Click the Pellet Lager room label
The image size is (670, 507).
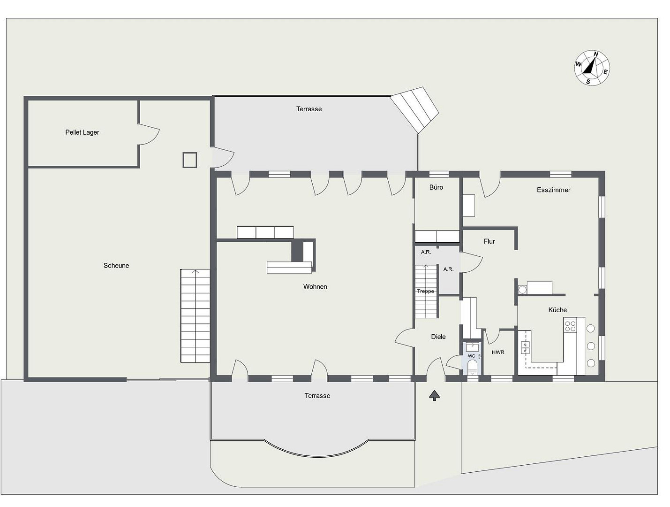82,132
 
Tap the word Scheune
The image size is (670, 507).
116,266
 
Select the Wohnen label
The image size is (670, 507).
315,287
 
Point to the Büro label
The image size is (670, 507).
436,187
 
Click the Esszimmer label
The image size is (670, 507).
553,190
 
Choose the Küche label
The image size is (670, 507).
557,310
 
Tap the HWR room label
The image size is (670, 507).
498,353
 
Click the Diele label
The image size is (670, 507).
438,337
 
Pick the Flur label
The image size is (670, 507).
489,241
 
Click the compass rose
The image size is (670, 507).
592,68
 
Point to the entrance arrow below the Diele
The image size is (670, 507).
434,395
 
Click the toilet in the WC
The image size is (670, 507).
472,367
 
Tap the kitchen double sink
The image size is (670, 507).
525,347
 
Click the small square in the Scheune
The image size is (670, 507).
189,160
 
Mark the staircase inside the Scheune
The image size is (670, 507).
195,316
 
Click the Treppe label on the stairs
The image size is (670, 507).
426,291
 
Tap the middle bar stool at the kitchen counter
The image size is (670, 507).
591,346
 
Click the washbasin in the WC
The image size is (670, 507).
472,347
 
